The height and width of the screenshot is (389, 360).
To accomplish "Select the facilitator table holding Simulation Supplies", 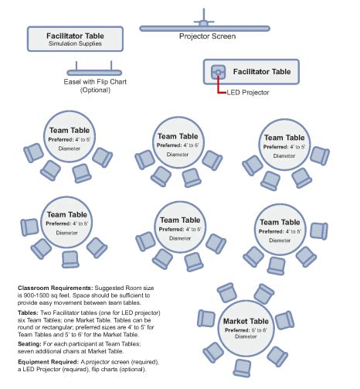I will pos(76,38).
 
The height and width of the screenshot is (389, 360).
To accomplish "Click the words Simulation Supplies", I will pos(76,43).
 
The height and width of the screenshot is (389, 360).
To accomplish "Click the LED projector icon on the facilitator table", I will pos(218,72).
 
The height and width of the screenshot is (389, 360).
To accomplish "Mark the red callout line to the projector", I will pos(219,87).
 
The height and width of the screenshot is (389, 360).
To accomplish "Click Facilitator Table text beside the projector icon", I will pos(261,70).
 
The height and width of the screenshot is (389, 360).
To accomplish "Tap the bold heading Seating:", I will pos(32,346).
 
